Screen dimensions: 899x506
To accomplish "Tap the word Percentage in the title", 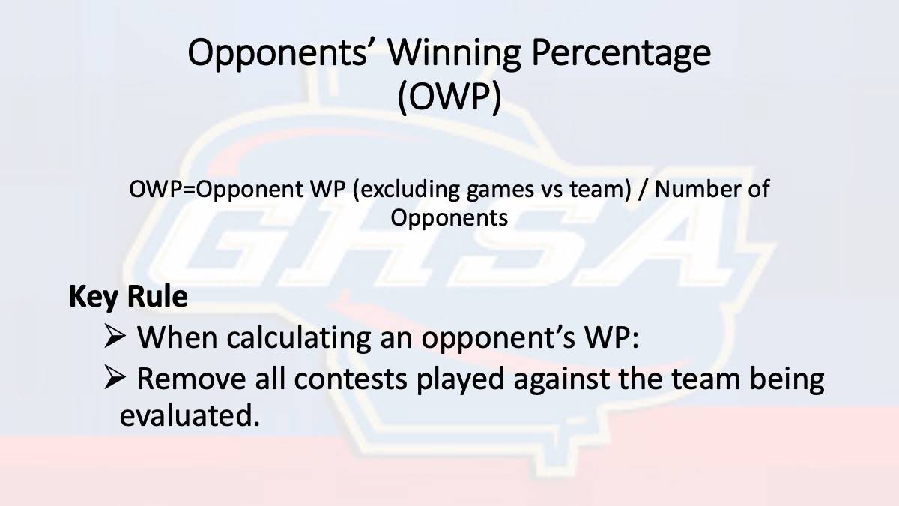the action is (x=621, y=55).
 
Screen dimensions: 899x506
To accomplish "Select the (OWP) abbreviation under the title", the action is (x=449, y=97).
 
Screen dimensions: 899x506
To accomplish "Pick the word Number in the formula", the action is (x=696, y=189).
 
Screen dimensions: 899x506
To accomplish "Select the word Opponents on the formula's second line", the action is (x=449, y=218).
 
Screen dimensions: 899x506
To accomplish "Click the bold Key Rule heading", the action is (x=128, y=297).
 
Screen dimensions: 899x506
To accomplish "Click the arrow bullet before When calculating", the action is (x=115, y=337).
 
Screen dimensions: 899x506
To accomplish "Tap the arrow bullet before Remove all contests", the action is (x=115, y=378).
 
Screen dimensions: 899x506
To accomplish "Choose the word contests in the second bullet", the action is (x=351, y=379).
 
